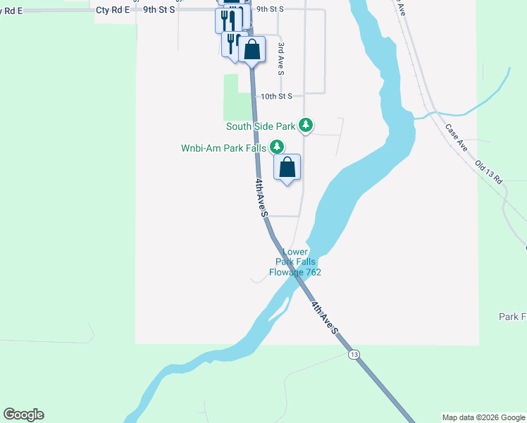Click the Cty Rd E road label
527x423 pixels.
113,10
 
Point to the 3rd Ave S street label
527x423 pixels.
280,59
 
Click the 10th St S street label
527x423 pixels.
281,96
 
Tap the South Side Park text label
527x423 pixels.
260,127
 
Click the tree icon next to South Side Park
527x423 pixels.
305,125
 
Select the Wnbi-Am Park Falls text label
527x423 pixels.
223,148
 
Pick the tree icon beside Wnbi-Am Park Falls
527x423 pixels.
278,147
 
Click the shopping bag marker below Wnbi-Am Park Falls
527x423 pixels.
287,168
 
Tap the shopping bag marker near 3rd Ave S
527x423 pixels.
252,50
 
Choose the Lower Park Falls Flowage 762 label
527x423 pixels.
295,262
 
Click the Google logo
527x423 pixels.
23,415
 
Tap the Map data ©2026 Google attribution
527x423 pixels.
483,417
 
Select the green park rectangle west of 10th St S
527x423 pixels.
237,97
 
